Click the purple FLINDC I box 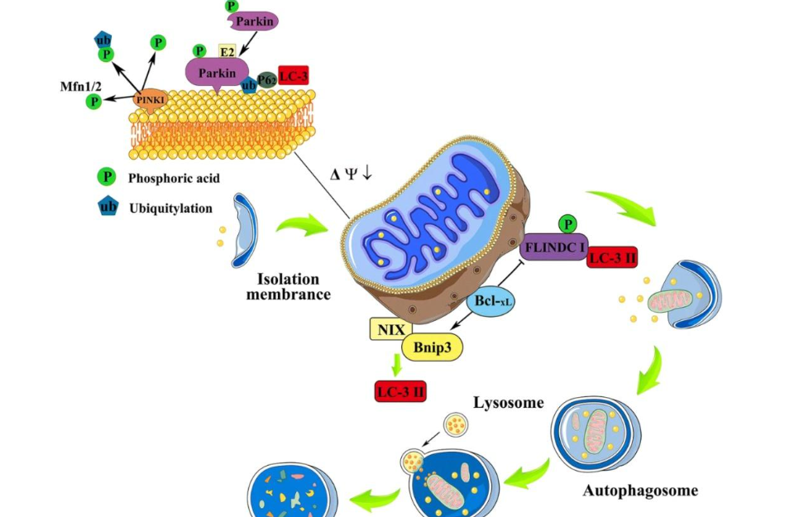coord(553,246)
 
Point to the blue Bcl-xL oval coord(491,303)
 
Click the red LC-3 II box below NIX coord(400,391)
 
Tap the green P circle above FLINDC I coord(567,222)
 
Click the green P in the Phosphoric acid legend coord(107,177)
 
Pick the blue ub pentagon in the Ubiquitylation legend coord(107,208)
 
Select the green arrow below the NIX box coord(397,364)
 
